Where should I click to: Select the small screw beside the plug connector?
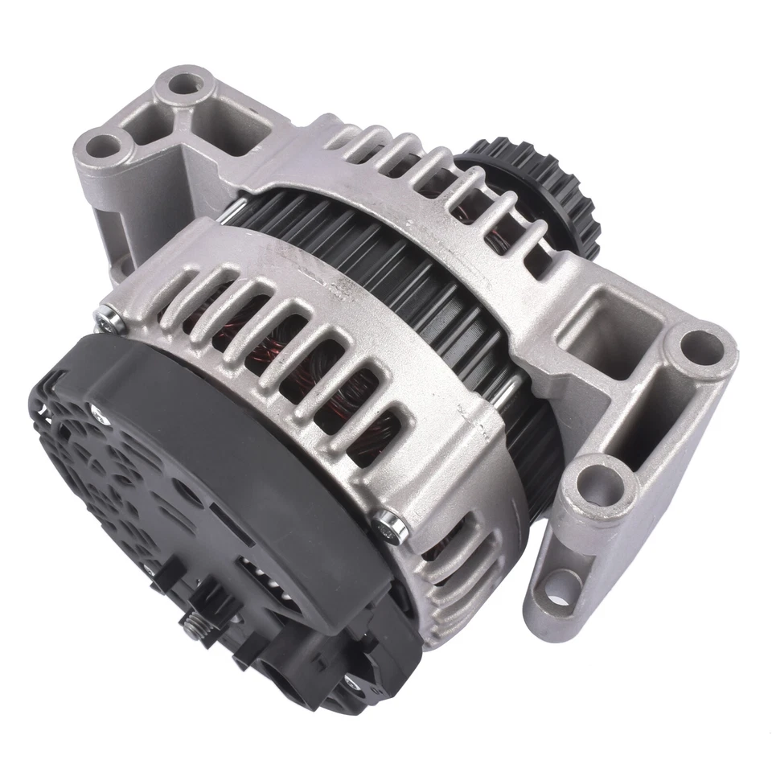350,682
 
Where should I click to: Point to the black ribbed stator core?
450,306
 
